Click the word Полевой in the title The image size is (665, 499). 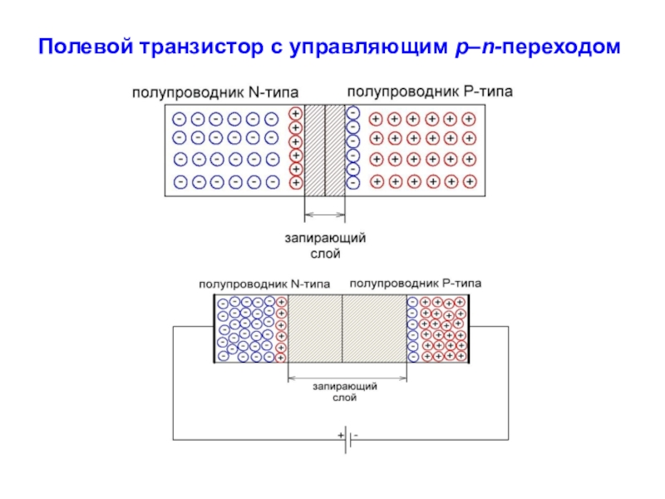(86, 47)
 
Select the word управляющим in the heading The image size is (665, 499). (368, 47)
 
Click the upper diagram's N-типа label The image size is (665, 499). (273, 92)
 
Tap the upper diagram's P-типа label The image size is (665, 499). (488, 91)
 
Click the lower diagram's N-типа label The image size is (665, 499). (310, 284)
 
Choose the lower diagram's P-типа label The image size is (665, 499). (462, 283)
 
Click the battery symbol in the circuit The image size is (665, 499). (347, 440)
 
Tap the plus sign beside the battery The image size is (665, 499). (341, 435)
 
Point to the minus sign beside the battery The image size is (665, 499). (356, 435)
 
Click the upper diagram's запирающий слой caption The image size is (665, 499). (325, 245)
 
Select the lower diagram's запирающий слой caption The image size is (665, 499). (345, 392)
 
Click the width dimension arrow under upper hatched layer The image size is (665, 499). (325, 215)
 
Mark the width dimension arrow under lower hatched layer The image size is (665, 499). (347, 378)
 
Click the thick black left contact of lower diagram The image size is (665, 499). (214, 329)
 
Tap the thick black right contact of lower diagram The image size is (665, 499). (469, 329)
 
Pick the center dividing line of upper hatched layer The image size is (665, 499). (325, 151)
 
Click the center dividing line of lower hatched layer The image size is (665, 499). (342, 329)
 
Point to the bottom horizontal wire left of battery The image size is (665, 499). (259, 440)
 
